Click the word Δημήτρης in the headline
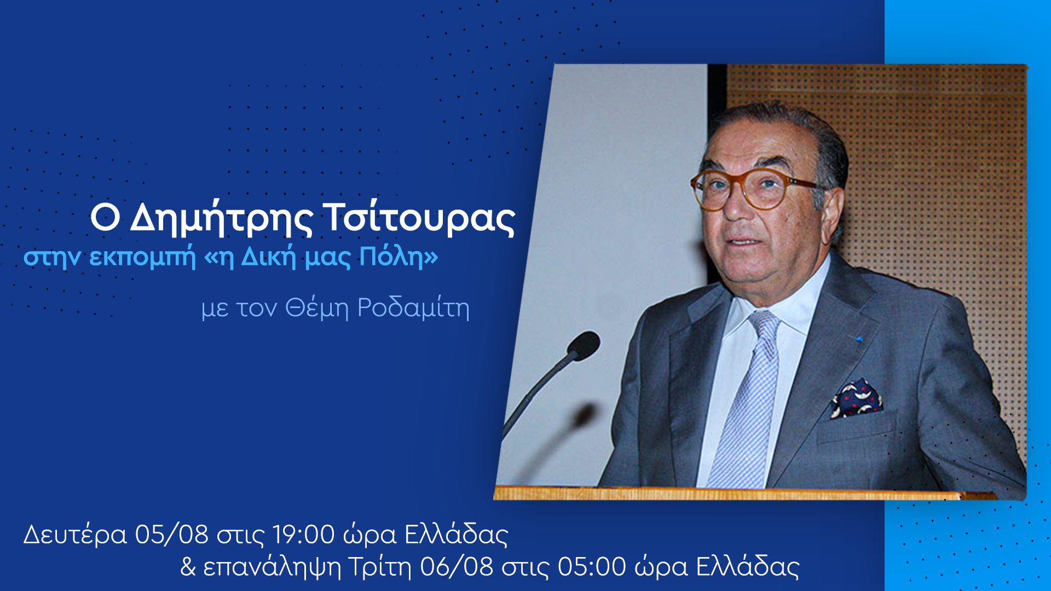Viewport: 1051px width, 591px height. click(222, 218)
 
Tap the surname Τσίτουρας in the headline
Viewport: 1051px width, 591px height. click(420, 218)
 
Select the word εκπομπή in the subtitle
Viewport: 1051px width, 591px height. click(142, 257)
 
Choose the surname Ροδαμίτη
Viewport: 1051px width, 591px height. click(413, 308)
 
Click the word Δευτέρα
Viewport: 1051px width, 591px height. click(75, 535)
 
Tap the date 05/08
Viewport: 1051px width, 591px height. click(171, 534)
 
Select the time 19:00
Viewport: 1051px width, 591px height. click(304, 534)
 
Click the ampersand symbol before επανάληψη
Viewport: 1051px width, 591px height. click(188, 567)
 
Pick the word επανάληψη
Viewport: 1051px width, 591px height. click(272, 567)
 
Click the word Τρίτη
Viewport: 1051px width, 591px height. click(379, 567)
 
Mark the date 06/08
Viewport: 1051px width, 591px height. click(457, 567)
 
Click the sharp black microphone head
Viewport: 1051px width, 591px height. click(584, 345)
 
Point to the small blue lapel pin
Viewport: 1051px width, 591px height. click(859, 339)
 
